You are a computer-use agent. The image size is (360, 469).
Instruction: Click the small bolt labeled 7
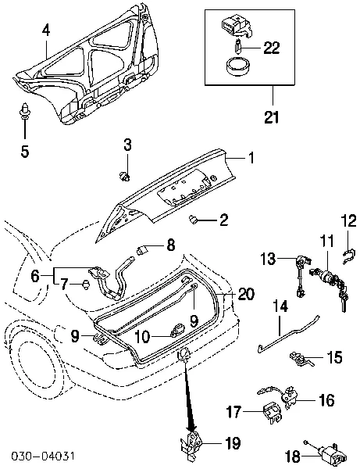[84, 285]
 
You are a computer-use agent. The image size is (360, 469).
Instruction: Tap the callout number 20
[245, 294]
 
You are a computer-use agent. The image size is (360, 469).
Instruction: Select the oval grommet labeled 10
[179, 326]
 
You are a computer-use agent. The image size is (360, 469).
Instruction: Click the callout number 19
[233, 443]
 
